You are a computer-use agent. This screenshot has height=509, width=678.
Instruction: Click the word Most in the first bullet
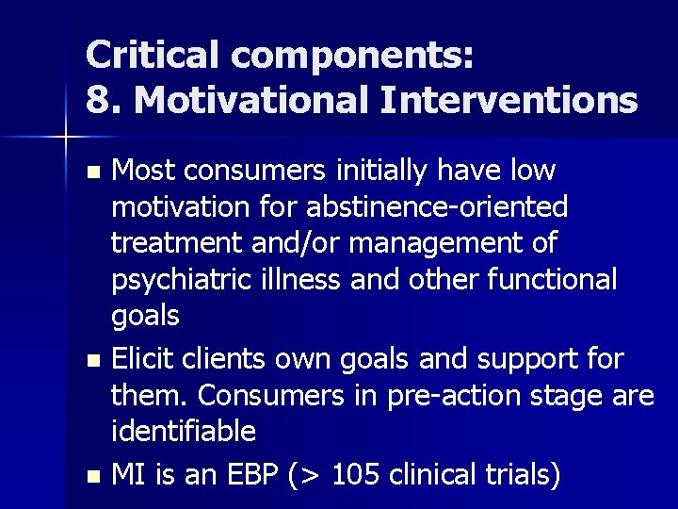click(x=144, y=172)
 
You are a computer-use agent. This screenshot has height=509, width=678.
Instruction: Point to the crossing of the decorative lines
click(x=66, y=138)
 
